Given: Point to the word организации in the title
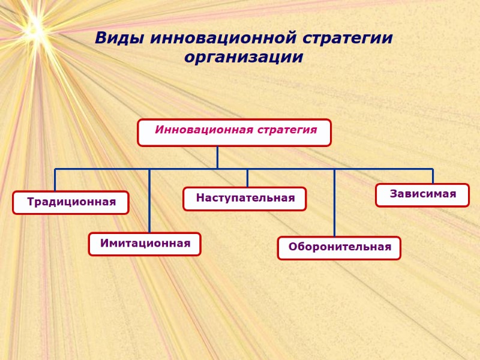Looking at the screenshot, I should coord(244,58).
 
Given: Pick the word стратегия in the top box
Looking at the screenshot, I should coord(287,130).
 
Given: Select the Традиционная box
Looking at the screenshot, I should coord(71,202).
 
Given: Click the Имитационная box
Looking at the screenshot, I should coord(145,244).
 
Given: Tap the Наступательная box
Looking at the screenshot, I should coord(245,199).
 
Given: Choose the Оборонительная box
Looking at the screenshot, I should coord(339,247).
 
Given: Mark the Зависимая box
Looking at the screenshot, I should coord(422,194).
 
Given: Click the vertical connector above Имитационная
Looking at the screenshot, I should coord(149,201).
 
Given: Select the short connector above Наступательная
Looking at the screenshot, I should coord(247,178).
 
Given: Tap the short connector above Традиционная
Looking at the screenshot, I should coord(55,180).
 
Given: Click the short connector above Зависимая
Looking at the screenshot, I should coord(433,176).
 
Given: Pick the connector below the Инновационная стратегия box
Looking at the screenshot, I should coord(217,157).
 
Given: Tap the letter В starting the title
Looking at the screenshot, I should coord(101,38).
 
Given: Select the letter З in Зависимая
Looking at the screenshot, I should coord(394,194).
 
